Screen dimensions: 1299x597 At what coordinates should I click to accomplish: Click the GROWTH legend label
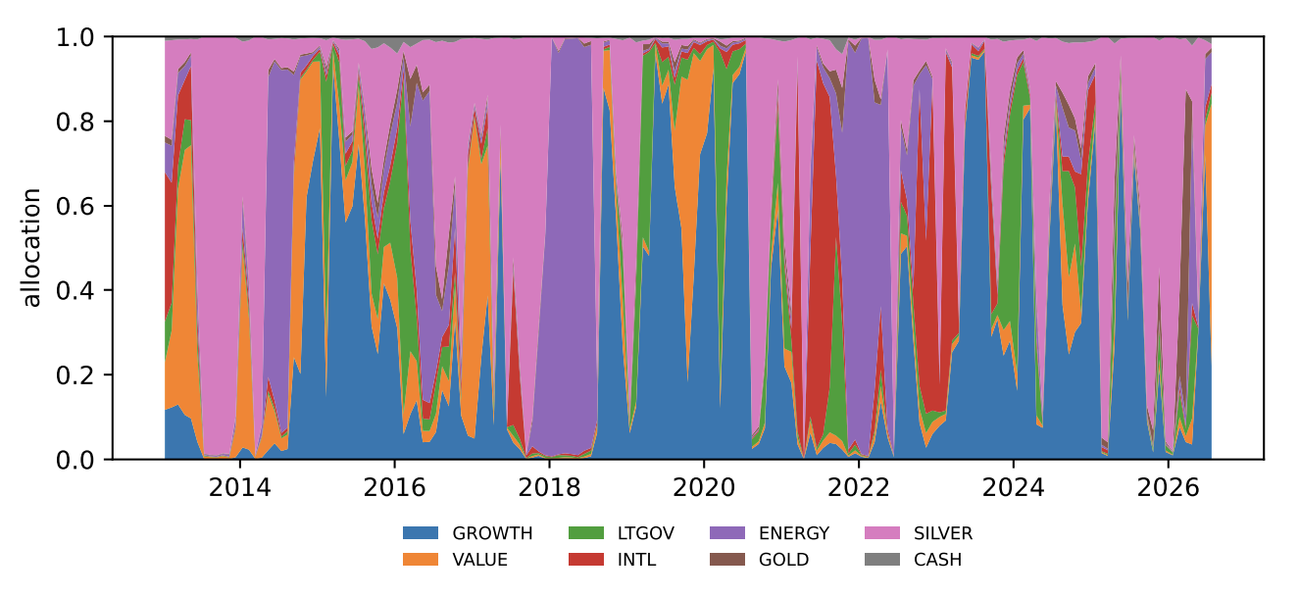pyautogui.click(x=492, y=533)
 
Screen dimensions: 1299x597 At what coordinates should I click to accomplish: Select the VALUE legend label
pyautogui.click(x=479, y=560)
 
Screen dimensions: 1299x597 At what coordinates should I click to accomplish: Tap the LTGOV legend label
pyautogui.click(x=645, y=533)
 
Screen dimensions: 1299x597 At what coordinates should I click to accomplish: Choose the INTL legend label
pyautogui.click(x=636, y=560)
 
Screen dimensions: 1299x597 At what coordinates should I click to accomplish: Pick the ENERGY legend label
pyautogui.click(x=794, y=533)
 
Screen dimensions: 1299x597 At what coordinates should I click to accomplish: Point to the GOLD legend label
pyautogui.click(x=783, y=560)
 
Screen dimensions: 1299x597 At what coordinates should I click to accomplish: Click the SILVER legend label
pyautogui.click(x=943, y=533)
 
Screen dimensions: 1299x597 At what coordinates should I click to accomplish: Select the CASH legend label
pyautogui.click(x=937, y=560)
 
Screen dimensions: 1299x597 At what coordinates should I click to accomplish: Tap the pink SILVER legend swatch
pyautogui.click(x=882, y=532)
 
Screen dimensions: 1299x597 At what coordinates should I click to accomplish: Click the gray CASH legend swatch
pyautogui.click(x=882, y=560)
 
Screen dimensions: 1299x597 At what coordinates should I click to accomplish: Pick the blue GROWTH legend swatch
pyautogui.click(x=421, y=532)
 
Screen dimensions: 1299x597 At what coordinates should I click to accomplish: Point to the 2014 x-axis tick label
pyautogui.click(x=239, y=488)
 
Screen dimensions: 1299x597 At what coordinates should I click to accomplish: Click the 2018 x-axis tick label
pyautogui.click(x=549, y=488)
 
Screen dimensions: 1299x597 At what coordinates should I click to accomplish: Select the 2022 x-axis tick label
pyautogui.click(x=859, y=488)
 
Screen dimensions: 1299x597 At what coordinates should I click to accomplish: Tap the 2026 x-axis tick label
pyautogui.click(x=1168, y=488)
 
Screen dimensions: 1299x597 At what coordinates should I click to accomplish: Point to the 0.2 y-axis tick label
pyautogui.click(x=75, y=375)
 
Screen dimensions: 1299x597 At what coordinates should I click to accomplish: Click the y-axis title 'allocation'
pyautogui.click(x=31, y=247)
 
